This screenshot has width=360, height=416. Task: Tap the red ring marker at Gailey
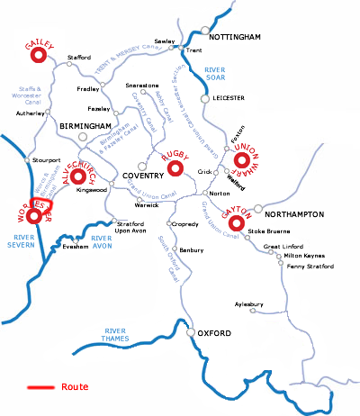tap(38, 56)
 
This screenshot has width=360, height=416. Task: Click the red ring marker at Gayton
tap(238, 222)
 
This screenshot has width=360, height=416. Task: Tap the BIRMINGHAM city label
tap(85, 126)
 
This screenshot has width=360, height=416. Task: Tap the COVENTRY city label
tap(131, 176)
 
